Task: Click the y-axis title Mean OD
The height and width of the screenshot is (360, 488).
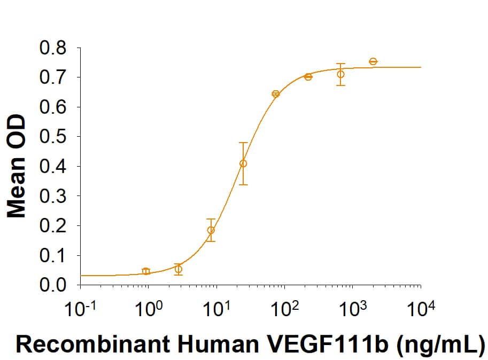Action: click(17, 166)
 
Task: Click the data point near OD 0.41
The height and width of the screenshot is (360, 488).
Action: click(243, 163)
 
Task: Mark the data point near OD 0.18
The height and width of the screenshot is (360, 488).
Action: click(211, 230)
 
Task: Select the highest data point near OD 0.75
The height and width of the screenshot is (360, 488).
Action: click(373, 61)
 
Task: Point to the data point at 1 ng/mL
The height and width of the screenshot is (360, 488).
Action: click(146, 271)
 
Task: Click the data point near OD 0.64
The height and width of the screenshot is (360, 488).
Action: click(276, 94)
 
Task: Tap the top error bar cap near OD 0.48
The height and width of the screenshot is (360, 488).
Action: click(243, 143)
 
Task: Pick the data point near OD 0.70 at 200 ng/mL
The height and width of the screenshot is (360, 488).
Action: click(308, 77)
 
